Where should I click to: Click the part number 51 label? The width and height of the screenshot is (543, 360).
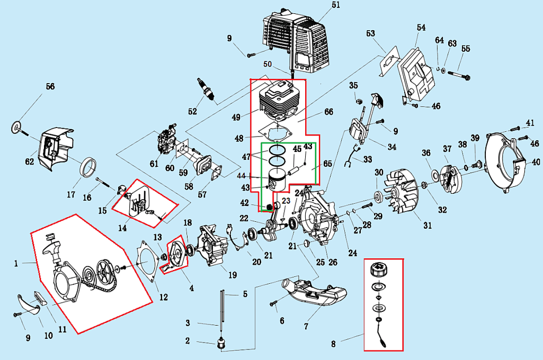click(335, 5)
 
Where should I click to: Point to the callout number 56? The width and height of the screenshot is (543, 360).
click(50, 87)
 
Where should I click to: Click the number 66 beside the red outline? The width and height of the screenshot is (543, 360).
click(328, 112)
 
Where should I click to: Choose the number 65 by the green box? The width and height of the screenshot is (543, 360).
click(328, 165)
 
